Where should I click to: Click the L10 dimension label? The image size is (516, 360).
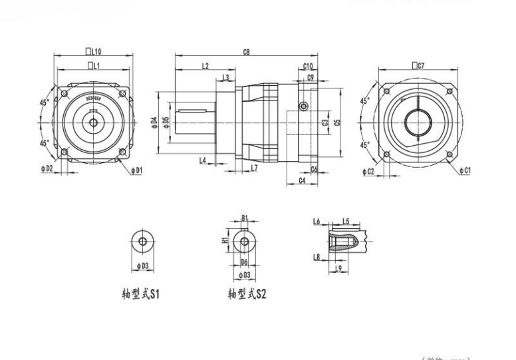tap(94, 51)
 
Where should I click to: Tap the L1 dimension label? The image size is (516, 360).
tap(94, 66)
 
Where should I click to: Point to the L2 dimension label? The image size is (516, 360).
tap(205, 66)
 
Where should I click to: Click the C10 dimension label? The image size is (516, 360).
tap(308, 66)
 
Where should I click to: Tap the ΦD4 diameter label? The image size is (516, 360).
tap(154, 122)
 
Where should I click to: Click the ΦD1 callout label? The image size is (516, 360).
tap(136, 171)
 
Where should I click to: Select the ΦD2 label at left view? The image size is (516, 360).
tap(47, 169)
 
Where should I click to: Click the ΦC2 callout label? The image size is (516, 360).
tap(369, 172)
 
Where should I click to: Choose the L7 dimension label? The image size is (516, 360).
tap(255, 167)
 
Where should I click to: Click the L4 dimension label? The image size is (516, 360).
tap(202, 160)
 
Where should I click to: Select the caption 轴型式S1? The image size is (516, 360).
tap(139, 293)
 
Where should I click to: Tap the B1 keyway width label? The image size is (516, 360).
tap(245, 218)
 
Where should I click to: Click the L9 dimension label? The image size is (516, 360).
tap(338, 268)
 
